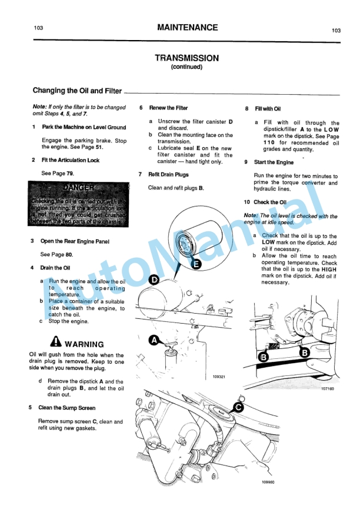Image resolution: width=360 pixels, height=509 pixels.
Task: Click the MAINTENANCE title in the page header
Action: tap(187, 28)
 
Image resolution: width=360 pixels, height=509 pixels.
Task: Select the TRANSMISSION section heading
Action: tap(186, 58)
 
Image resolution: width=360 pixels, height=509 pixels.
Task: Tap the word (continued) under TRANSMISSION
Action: tap(186, 67)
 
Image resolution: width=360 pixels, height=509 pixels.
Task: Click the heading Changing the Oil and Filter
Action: tap(77, 91)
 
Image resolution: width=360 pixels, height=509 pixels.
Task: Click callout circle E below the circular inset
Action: tap(196, 264)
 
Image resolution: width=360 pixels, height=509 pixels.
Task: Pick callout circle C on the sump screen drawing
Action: tap(238, 407)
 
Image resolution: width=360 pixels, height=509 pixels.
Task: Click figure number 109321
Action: tap(213, 377)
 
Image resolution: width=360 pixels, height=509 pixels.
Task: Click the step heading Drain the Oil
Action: tap(55, 268)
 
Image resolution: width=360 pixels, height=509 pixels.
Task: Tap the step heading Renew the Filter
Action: tap(168, 108)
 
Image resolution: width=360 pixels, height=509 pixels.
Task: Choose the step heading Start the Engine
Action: tap(274, 162)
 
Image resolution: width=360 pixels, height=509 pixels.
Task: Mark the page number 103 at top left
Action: tap(39, 28)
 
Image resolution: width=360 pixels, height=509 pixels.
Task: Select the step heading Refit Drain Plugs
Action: tap(168, 175)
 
